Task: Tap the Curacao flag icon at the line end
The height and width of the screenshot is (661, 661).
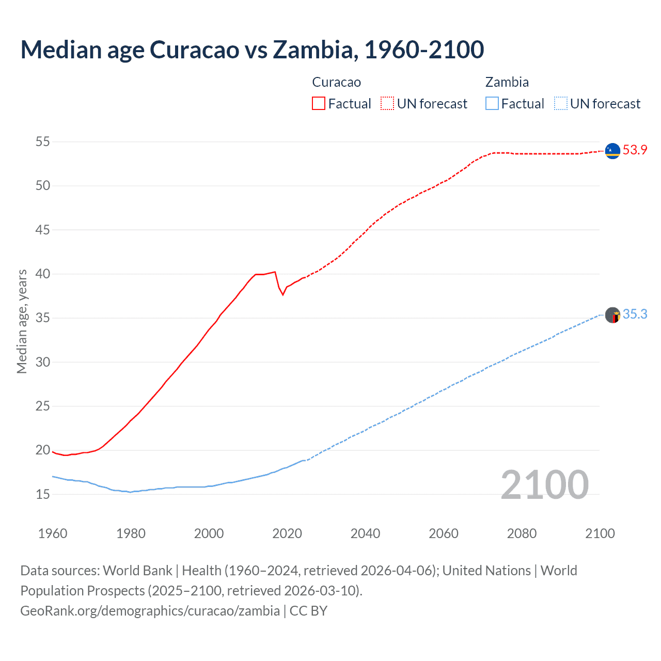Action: click(x=612, y=150)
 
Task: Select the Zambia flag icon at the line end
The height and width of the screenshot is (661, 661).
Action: click(x=612, y=314)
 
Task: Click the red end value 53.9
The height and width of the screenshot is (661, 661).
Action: click(x=635, y=150)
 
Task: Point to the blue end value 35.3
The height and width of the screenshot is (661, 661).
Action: click(x=635, y=314)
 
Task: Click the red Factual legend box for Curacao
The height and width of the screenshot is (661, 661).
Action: click(x=319, y=103)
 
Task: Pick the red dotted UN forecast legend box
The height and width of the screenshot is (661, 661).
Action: click(x=387, y=103)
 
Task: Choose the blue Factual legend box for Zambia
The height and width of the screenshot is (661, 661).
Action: click(x=492, y=103)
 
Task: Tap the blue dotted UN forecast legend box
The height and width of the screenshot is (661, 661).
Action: click(x=560, y=103)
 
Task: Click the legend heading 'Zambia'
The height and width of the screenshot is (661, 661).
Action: click(x=507, y=82)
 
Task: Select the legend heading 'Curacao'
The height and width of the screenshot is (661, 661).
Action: click(x=336, y=82)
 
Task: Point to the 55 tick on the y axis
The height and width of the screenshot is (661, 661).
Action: click(x=43, y=141)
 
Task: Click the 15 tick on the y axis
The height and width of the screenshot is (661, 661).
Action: click(x=43, y=494)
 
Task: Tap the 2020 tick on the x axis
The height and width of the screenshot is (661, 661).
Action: click(x=287, y=533)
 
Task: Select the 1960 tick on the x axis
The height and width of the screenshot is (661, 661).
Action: click(x=53, y=533)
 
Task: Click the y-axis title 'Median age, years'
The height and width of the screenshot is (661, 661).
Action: click(x=22, y=321)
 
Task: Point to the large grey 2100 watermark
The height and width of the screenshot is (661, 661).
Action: click(x=544, y=484)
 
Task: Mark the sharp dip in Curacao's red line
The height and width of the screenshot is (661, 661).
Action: click(x=282, y=294)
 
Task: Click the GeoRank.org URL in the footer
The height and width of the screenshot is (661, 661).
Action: click(x=150, y=611)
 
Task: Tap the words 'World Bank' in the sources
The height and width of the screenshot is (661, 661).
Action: click(x=137, y=571)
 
